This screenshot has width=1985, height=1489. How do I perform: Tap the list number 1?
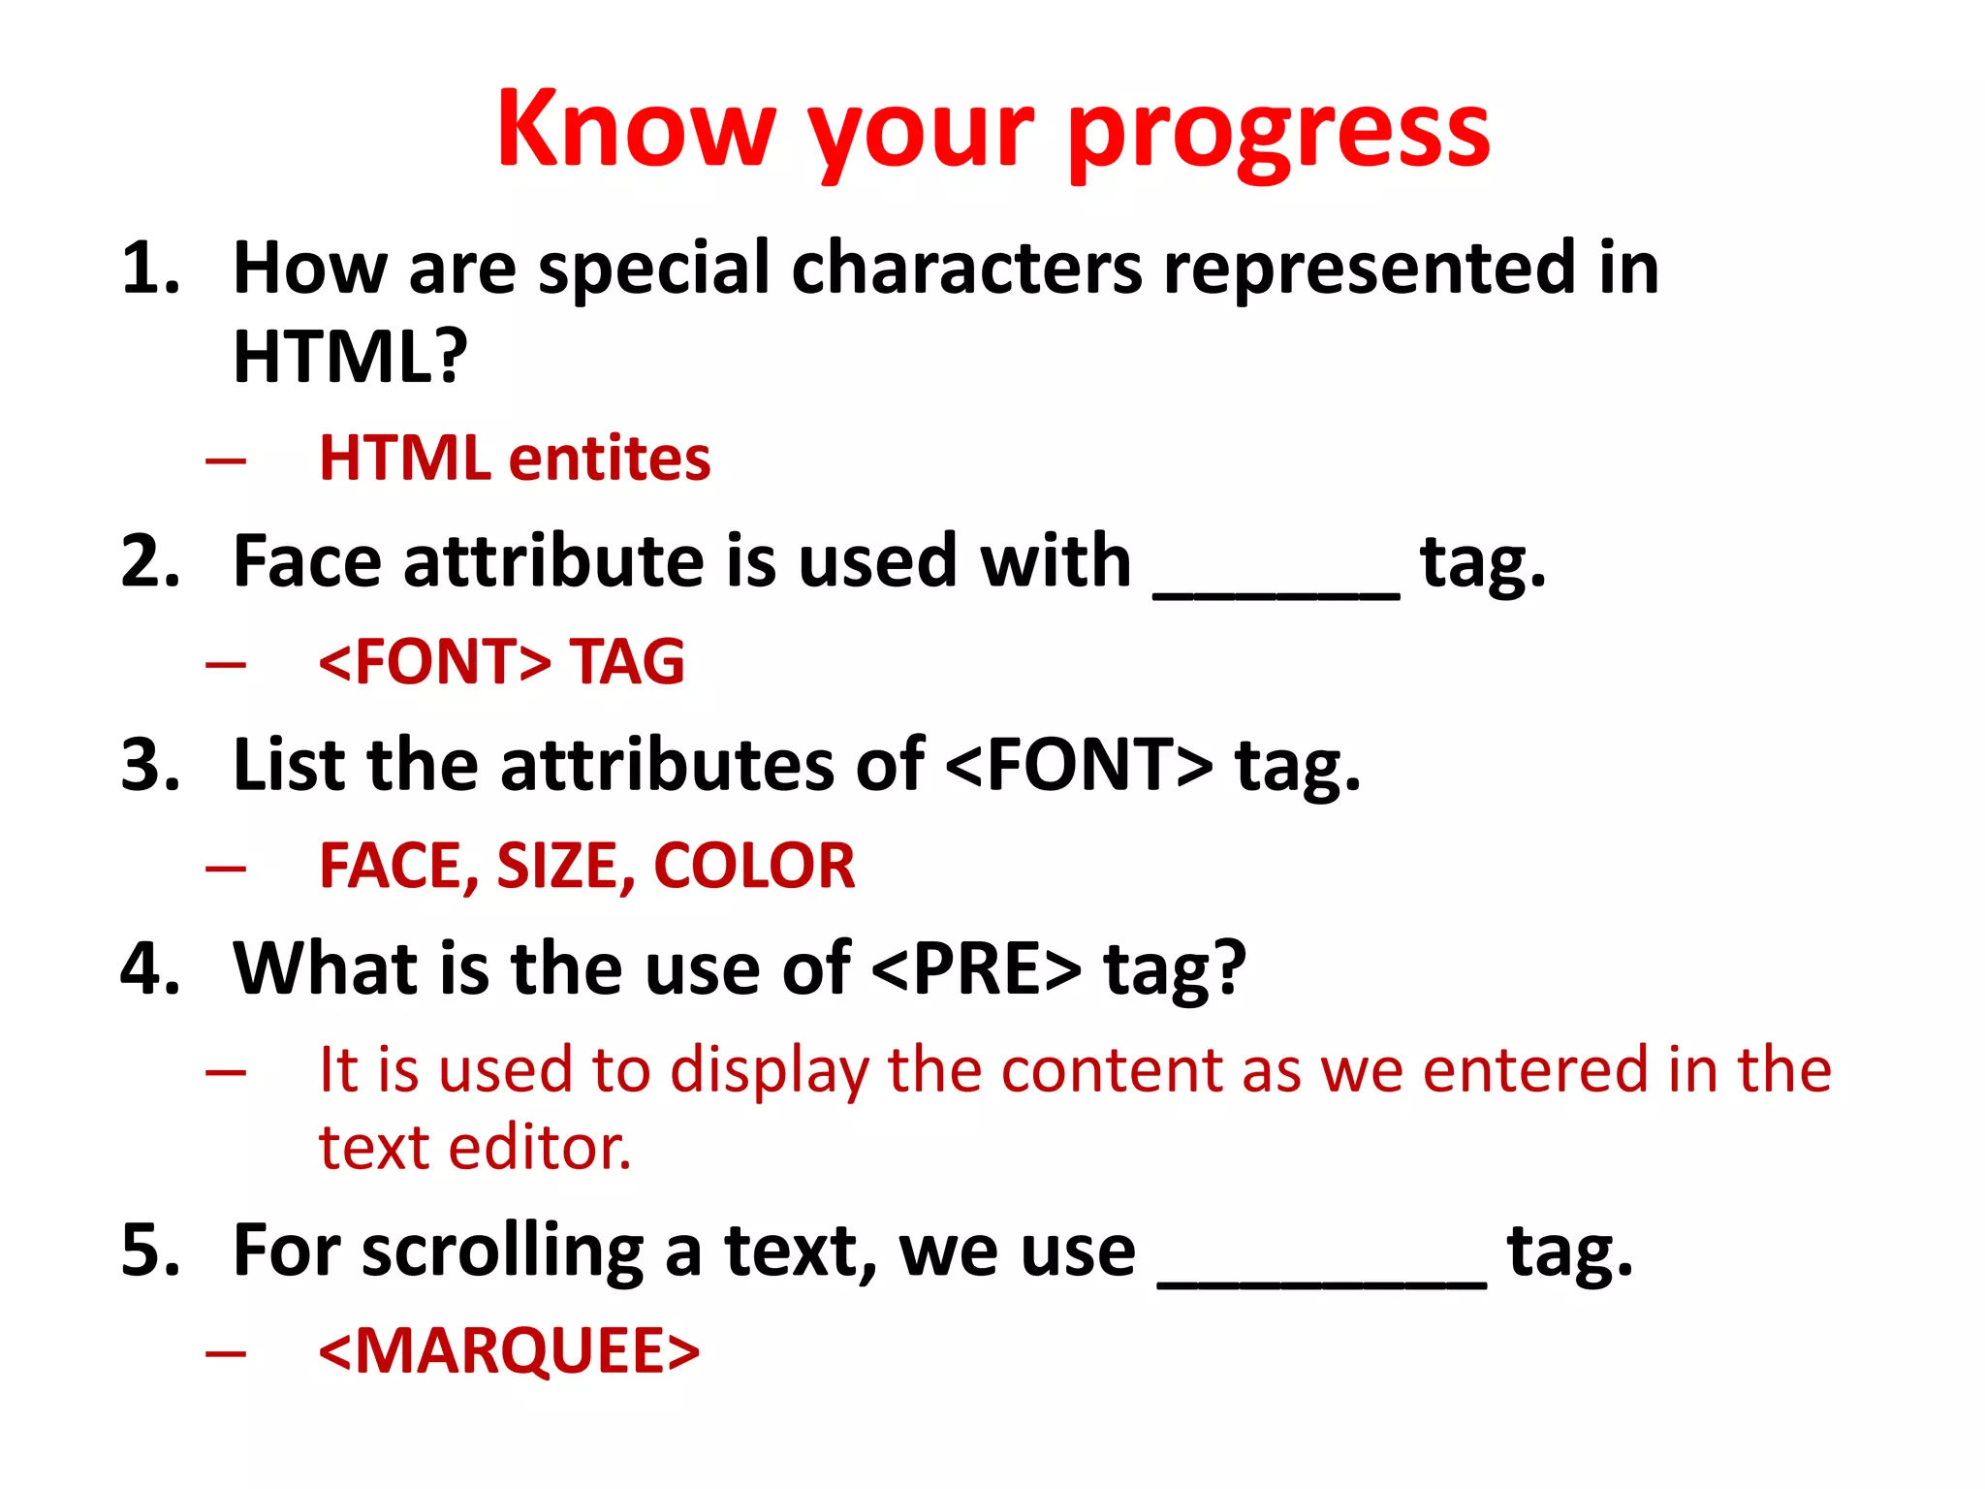click(x=150, y=268)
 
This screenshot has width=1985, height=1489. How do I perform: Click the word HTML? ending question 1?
click(x=350, y=356)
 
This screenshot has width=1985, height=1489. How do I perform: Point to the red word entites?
click(x=610, y=458)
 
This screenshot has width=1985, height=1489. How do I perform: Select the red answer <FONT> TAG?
click(x=501, y=661)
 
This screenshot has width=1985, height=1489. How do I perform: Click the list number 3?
click(x=150, y=765)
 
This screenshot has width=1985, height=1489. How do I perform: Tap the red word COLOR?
click(x=754, y=866)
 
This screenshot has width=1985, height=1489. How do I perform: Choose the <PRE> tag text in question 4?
click(x=976, y=968)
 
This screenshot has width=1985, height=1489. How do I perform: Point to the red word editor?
click(x=539, y=1149)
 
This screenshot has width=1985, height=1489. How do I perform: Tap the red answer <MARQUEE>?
click(x=509, y=1351)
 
